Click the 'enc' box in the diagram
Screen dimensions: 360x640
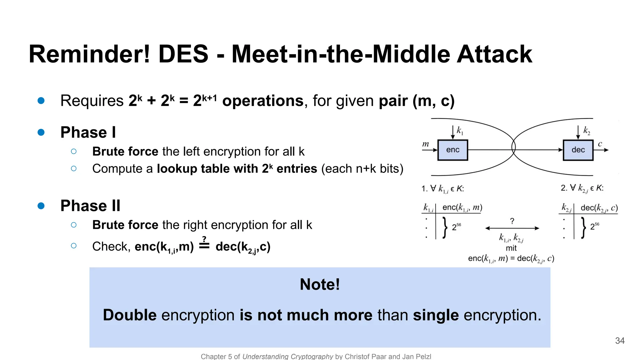[x=452, y=150]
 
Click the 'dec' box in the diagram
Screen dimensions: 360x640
[x=578, y=150]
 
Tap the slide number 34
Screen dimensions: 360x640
[x=620, y=341]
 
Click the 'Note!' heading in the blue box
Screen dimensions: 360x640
[x=320, y=284]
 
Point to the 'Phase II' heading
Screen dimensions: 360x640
[x=90, y=206]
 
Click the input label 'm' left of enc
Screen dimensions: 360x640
[x=426, y=144]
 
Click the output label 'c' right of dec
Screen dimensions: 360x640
[x=600, y=144]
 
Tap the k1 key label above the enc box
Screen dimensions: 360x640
[x=460, y=130]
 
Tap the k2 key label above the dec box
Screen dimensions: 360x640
[x=587, y=130]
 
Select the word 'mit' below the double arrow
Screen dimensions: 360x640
[x=511, y=248]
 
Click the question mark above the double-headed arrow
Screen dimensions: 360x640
[x=512, y=221]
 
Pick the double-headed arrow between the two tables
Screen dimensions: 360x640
[x=512, y=228]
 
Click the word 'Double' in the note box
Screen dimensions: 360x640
[x=130, y=315]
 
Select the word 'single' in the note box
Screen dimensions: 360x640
[x=436, y=315]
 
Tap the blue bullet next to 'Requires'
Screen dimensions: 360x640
[x=41, y=101]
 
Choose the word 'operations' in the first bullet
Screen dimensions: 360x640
[x=263, y=101]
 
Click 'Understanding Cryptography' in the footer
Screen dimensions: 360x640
[x=287, y=357]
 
